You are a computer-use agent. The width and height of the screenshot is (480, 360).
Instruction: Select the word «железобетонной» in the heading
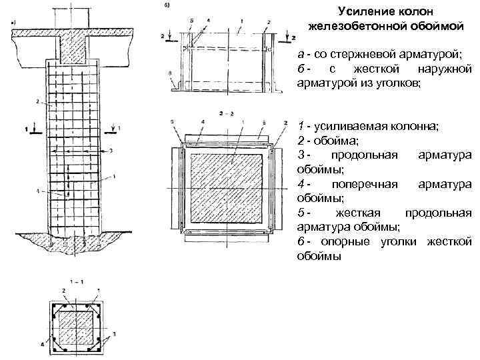(356, 25)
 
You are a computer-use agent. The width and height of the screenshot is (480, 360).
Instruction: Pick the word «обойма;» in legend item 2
(329, 140)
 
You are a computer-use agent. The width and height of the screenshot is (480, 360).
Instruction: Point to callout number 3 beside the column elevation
(111, 151)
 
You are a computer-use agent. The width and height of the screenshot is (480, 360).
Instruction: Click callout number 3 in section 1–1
(114, 333)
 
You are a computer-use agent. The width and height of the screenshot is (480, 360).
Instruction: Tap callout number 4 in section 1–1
(41, 345)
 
